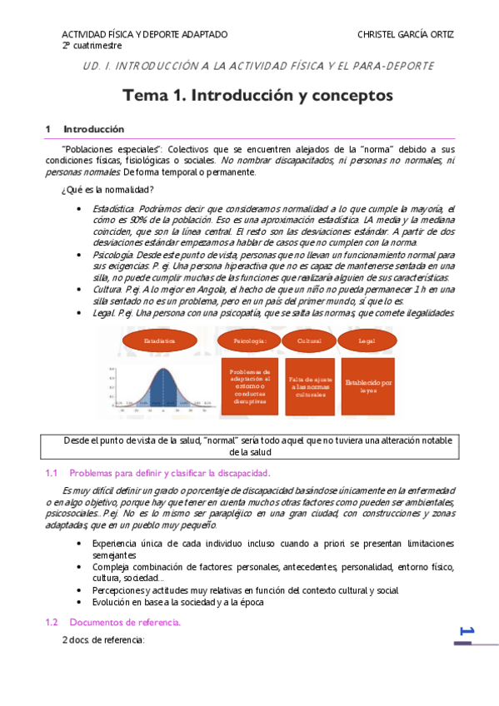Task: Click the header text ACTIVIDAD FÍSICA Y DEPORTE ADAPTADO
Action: click(144, 34)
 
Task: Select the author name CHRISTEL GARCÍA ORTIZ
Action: click(406, 34)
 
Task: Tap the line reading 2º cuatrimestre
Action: click(92, 45)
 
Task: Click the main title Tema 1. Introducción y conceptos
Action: click(257, 96)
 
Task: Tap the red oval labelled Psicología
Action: click(250, 341)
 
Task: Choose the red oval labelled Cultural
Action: click(309, 341)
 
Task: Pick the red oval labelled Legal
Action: click(367, 341)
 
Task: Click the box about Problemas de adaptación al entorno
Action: click(250, 386)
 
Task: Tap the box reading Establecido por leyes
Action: click(368, 386)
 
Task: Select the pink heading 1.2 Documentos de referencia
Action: click(125, 622)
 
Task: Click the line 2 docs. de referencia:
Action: click(103, 640)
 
